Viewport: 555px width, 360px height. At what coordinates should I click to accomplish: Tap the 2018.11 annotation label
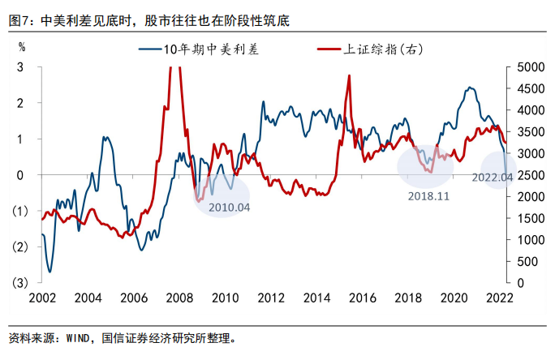427,195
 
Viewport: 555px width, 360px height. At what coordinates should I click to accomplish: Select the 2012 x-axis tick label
273,298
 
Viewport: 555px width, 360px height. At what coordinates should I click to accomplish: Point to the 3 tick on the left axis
19,67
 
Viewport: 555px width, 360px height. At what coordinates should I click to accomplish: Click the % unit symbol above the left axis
22,49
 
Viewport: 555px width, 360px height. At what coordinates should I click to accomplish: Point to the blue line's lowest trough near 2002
50,272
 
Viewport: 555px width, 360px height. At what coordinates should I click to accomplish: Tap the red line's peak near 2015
349,75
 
